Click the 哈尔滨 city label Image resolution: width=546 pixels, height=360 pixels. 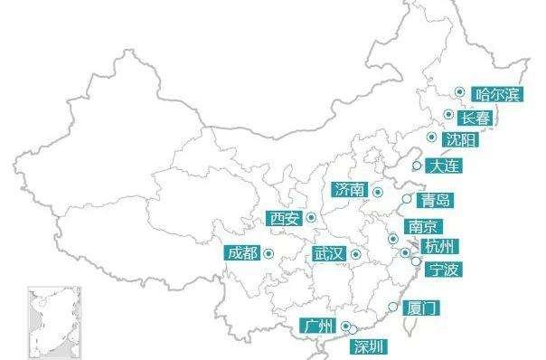click(x=497, y=94)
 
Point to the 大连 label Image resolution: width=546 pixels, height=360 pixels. click(x=445, y=166)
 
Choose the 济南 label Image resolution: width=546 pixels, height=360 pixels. click(x=350, y=190)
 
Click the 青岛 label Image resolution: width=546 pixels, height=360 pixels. click(x=437, y=200)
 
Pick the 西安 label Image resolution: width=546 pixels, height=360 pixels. click(x=284, y=218)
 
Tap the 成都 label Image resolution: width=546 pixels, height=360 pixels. click(x=243, y=252)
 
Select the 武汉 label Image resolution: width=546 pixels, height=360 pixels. click(x=328, y=255)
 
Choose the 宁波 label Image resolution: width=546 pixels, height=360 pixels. click(x=445, y=270)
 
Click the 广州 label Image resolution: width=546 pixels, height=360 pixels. click(x=320, y=327)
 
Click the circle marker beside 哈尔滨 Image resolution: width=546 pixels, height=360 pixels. click(x=459, y=91)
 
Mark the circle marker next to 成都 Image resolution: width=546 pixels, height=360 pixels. click(x=268, y=252)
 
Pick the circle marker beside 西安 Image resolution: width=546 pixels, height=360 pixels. click(x=310, y=217)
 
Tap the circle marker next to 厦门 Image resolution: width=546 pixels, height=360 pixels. click(x=391, y=308)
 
